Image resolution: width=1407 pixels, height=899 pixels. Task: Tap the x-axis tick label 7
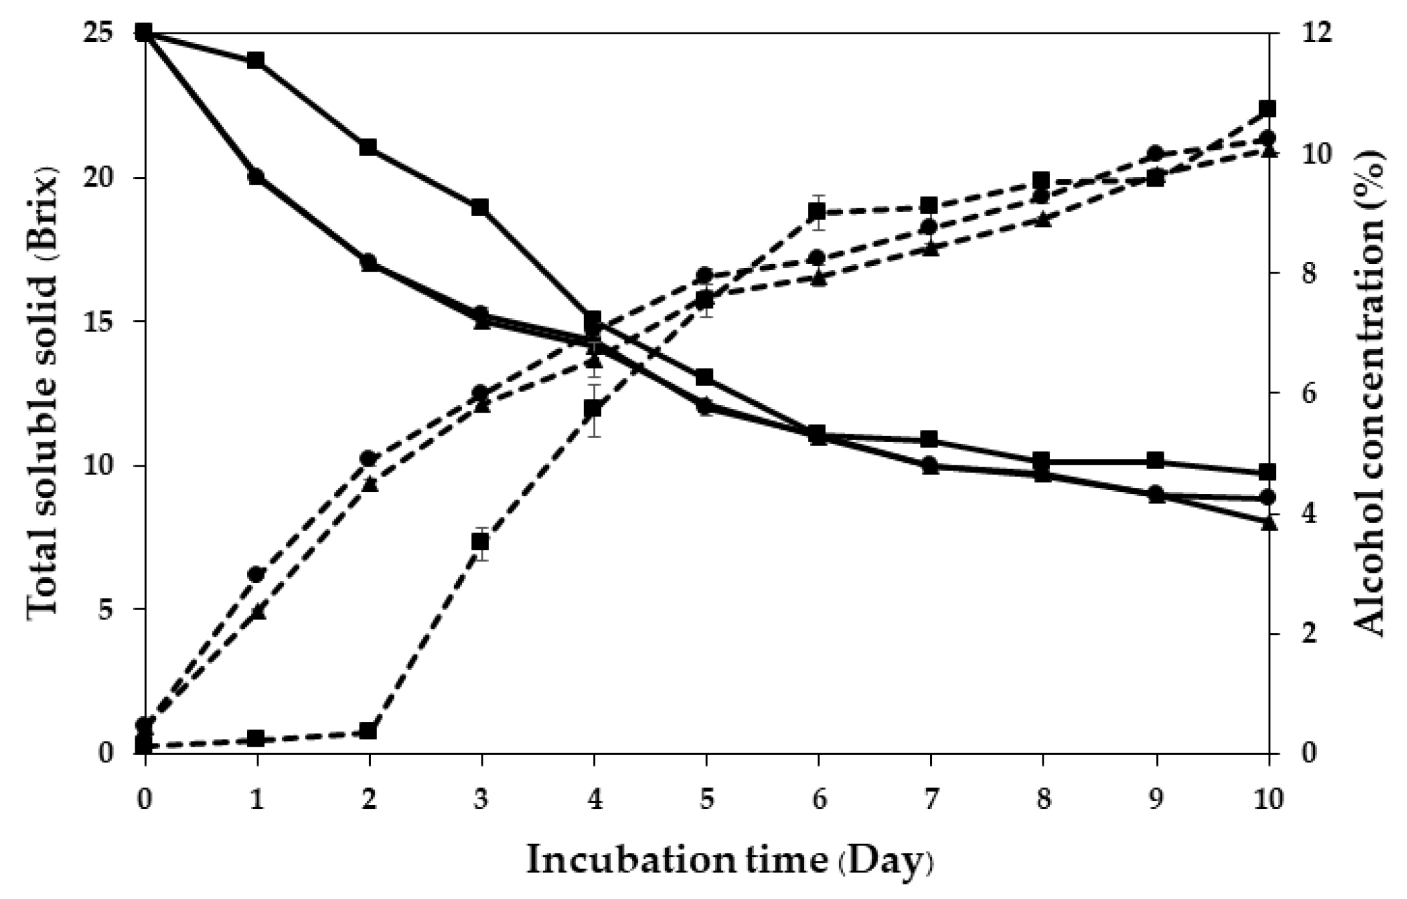(931, 799)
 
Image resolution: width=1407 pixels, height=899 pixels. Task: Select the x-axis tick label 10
(1268, 799)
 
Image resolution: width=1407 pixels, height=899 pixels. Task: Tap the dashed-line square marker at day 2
(368, 731)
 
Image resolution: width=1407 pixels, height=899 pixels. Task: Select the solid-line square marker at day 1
(256, 61)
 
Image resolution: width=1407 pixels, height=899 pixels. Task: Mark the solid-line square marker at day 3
(481, 207)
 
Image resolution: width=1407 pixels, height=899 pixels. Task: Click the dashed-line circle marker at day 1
(256, 575)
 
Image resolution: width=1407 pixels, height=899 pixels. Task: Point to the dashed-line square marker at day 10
(1268, 108)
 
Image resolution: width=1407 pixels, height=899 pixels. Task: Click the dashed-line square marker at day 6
(818, 210)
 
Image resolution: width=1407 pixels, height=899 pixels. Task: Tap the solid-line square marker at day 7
(931, 439)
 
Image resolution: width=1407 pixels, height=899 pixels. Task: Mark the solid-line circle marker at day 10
(1268, 497)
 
